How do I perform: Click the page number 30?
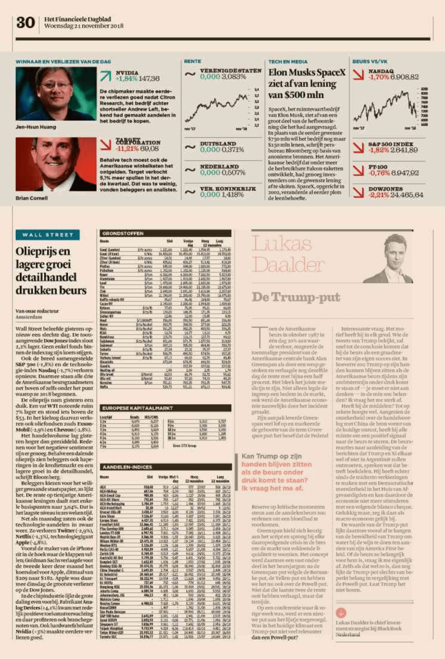click(x=25, y=23)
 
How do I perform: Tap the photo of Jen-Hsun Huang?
click(x=56, y=94)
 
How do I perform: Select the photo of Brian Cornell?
click(x=56, y=164)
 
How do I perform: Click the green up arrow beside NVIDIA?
click(x=105, y=76)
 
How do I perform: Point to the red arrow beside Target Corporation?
click(x=105, y=145)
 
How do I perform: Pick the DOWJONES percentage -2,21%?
click(x=379, y=195)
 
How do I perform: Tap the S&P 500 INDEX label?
click(x=391, y=144)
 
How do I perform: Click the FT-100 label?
click(x=378, y=167)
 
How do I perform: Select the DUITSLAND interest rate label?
click(x=218, y=143)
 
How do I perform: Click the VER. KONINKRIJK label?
click(x=228, y=189)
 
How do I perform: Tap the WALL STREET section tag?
click(x=48, y=235)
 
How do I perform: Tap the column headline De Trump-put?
click(x=296, y=297)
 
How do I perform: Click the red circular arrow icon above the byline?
click(x=341, y=612)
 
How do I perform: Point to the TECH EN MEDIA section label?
click(x=288, y=61)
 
